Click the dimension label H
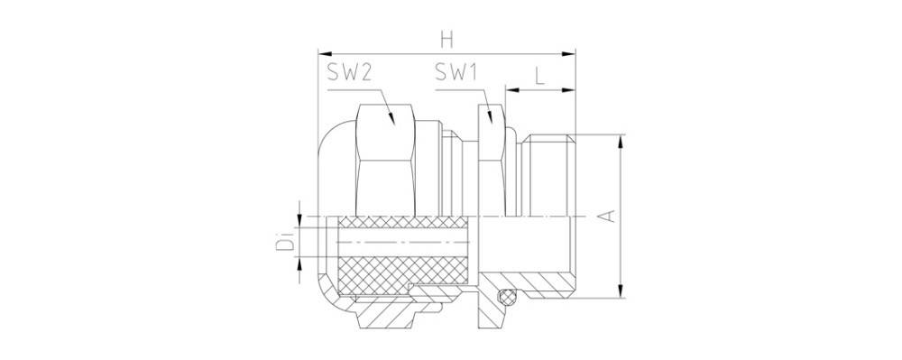[447, 40]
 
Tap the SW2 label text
[348, 72]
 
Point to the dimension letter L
[539, 75]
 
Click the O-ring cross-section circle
[506, 297]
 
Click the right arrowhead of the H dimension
[568, 53]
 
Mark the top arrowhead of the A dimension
[621, 142]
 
